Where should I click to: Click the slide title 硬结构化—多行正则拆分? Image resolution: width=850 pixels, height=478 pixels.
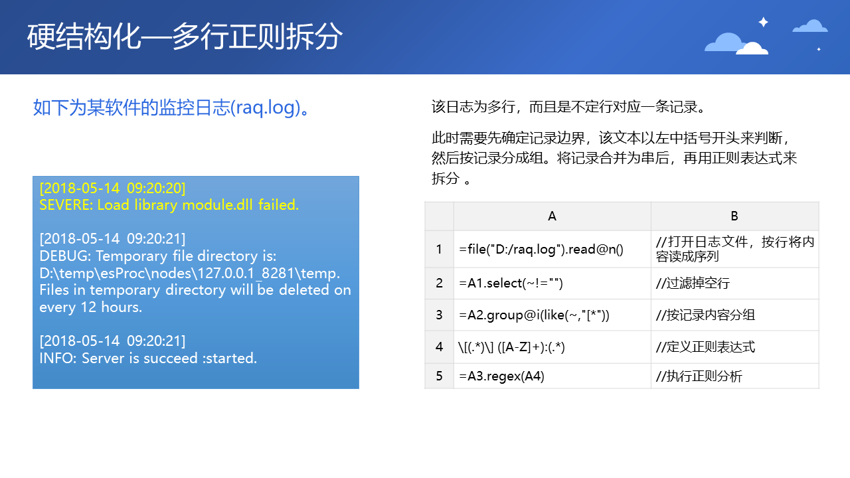185,37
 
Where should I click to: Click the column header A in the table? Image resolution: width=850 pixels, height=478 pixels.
552,216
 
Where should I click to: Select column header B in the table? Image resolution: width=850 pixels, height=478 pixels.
734,216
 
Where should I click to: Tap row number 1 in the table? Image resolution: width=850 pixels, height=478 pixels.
439,249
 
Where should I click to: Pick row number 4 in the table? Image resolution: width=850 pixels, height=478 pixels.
439,347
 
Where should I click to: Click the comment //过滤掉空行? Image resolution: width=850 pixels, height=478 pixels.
693,283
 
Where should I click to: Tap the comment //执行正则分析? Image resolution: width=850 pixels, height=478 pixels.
699,376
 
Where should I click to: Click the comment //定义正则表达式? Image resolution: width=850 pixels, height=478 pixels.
705,347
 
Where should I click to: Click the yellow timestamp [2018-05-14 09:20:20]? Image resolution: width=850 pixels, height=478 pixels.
113,188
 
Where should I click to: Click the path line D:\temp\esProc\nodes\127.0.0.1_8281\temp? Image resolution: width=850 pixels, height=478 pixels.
190,273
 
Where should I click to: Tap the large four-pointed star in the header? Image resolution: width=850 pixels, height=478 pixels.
764,23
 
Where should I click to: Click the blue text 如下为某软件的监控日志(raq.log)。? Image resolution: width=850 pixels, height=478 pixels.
171,108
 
